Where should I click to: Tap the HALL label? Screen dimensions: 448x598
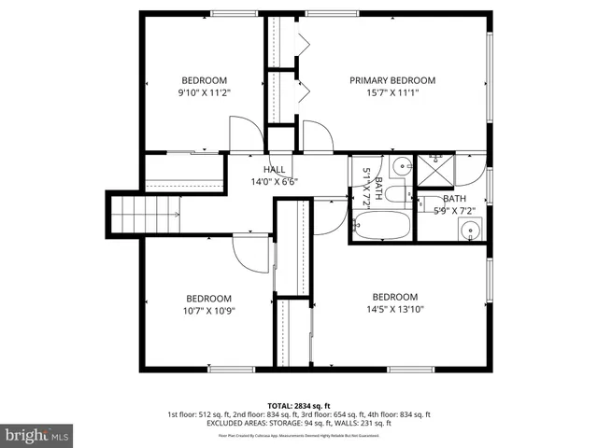274,169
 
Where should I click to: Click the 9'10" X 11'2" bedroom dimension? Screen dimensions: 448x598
204,92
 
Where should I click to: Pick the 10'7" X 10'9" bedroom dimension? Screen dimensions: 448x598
208,311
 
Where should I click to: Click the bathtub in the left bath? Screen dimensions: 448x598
381,227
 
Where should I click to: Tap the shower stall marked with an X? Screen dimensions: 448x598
434,170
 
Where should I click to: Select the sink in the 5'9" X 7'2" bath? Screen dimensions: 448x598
470,229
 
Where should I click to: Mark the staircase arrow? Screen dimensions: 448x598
174,214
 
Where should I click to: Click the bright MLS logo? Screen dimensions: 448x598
37,435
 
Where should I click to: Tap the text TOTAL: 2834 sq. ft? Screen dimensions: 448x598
299,405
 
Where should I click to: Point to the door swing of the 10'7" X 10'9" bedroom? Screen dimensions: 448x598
250,252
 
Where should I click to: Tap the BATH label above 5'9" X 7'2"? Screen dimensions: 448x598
454,199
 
